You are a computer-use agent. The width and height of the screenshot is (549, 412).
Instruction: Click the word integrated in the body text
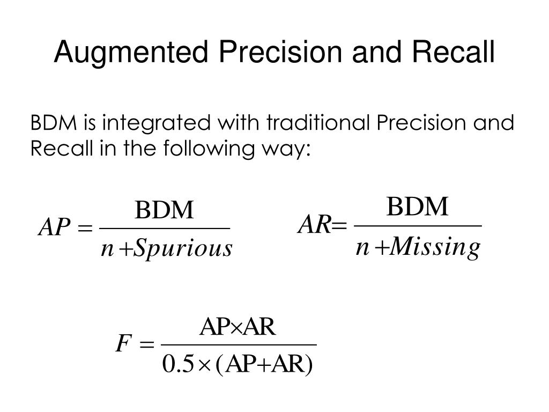click(156, 124)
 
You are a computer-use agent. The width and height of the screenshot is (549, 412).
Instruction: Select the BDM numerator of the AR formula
click(418, 207)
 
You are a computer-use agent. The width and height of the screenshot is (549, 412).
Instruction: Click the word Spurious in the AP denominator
click(182, 249)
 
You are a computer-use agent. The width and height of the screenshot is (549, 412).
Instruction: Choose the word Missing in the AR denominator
click(434, 248)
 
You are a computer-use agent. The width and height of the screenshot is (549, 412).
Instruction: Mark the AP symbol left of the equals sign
click(54, 229)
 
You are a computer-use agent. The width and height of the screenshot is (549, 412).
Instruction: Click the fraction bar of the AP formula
click(165, 229)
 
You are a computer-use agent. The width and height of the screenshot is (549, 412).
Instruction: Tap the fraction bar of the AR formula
click(418, 226)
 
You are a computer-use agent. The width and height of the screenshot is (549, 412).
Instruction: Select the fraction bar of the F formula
click(239, 345)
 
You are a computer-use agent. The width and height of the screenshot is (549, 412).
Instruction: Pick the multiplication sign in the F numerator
click(238, 327)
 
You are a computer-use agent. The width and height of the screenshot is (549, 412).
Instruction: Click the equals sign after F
click(146, 344)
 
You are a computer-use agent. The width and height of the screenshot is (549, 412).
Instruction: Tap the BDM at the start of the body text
click(54, 124)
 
